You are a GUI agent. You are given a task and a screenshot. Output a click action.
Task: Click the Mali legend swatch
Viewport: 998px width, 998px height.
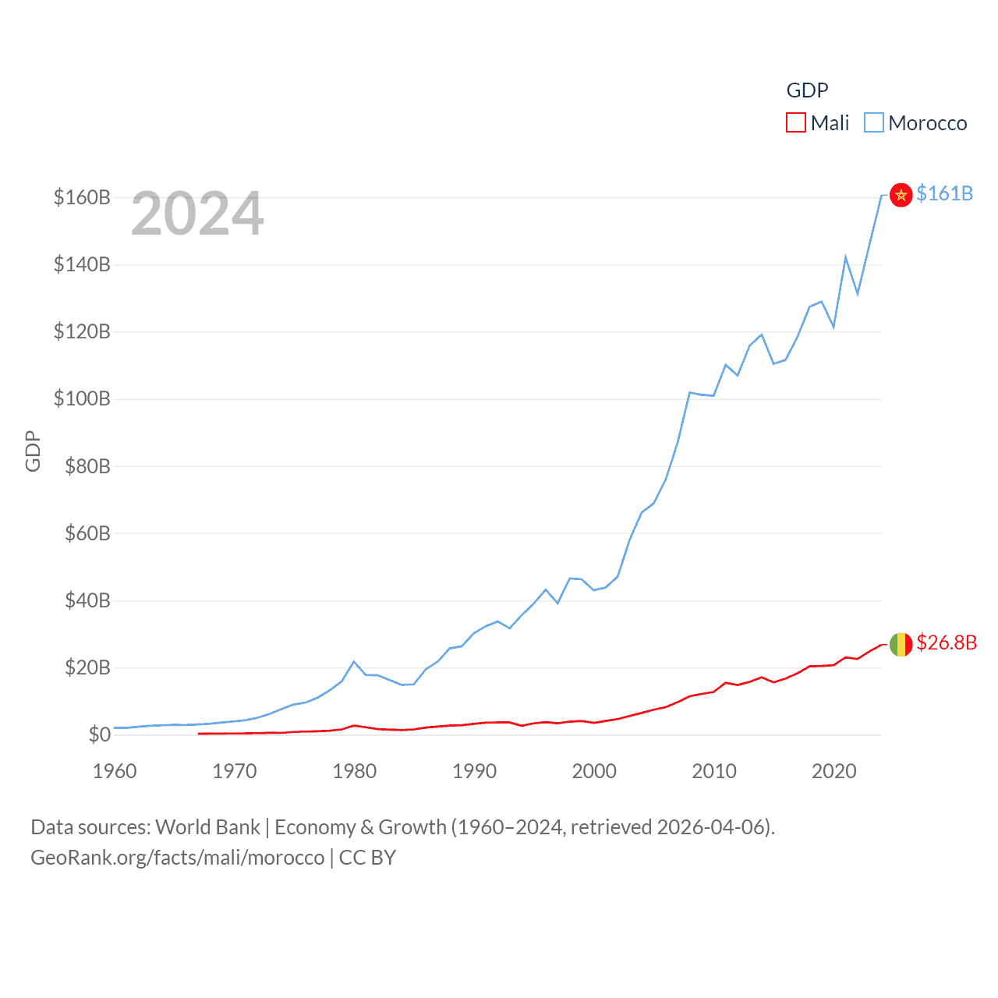pos(795,123)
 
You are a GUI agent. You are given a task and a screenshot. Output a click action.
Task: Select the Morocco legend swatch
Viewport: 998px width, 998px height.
pos(874,123)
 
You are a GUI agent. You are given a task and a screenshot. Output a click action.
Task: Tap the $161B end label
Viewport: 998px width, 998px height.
pos(944,193)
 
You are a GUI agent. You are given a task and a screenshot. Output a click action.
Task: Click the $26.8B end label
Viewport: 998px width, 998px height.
pos(947,642)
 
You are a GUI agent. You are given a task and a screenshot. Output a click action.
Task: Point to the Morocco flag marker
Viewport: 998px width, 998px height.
pos(901,195)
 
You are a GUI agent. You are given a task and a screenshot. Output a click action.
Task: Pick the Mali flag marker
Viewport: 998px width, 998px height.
pos(901,645)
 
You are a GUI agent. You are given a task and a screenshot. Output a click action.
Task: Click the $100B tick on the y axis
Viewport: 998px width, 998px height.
pos(82,399)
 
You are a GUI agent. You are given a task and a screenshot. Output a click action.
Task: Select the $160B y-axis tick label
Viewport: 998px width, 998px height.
pos(82,197)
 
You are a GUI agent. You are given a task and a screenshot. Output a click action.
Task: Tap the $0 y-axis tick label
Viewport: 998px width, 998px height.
pos(99,734)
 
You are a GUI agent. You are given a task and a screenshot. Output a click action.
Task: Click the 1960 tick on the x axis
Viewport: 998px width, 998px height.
pos(115,771)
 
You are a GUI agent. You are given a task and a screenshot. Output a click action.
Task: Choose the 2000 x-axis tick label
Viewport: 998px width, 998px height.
pos(594,771)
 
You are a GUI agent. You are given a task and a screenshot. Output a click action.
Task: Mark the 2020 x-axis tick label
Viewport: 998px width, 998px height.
pos(834,771)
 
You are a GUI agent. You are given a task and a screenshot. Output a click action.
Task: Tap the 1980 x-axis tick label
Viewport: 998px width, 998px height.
pos(355,771)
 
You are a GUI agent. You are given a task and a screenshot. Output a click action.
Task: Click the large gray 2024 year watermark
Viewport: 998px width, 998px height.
pos(197,214)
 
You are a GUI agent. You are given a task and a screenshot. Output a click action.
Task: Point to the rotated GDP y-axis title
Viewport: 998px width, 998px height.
pos(33,451)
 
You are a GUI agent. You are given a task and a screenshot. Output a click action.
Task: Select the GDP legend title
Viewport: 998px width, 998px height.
pos(807,90)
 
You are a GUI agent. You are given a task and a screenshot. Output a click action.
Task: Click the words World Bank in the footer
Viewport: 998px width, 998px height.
pos(208,826)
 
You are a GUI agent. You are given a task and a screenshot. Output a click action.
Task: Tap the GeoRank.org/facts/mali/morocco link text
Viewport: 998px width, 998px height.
pos(177,858)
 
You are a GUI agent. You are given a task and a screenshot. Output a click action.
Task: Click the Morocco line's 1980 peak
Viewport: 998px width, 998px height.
pos(354,661)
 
